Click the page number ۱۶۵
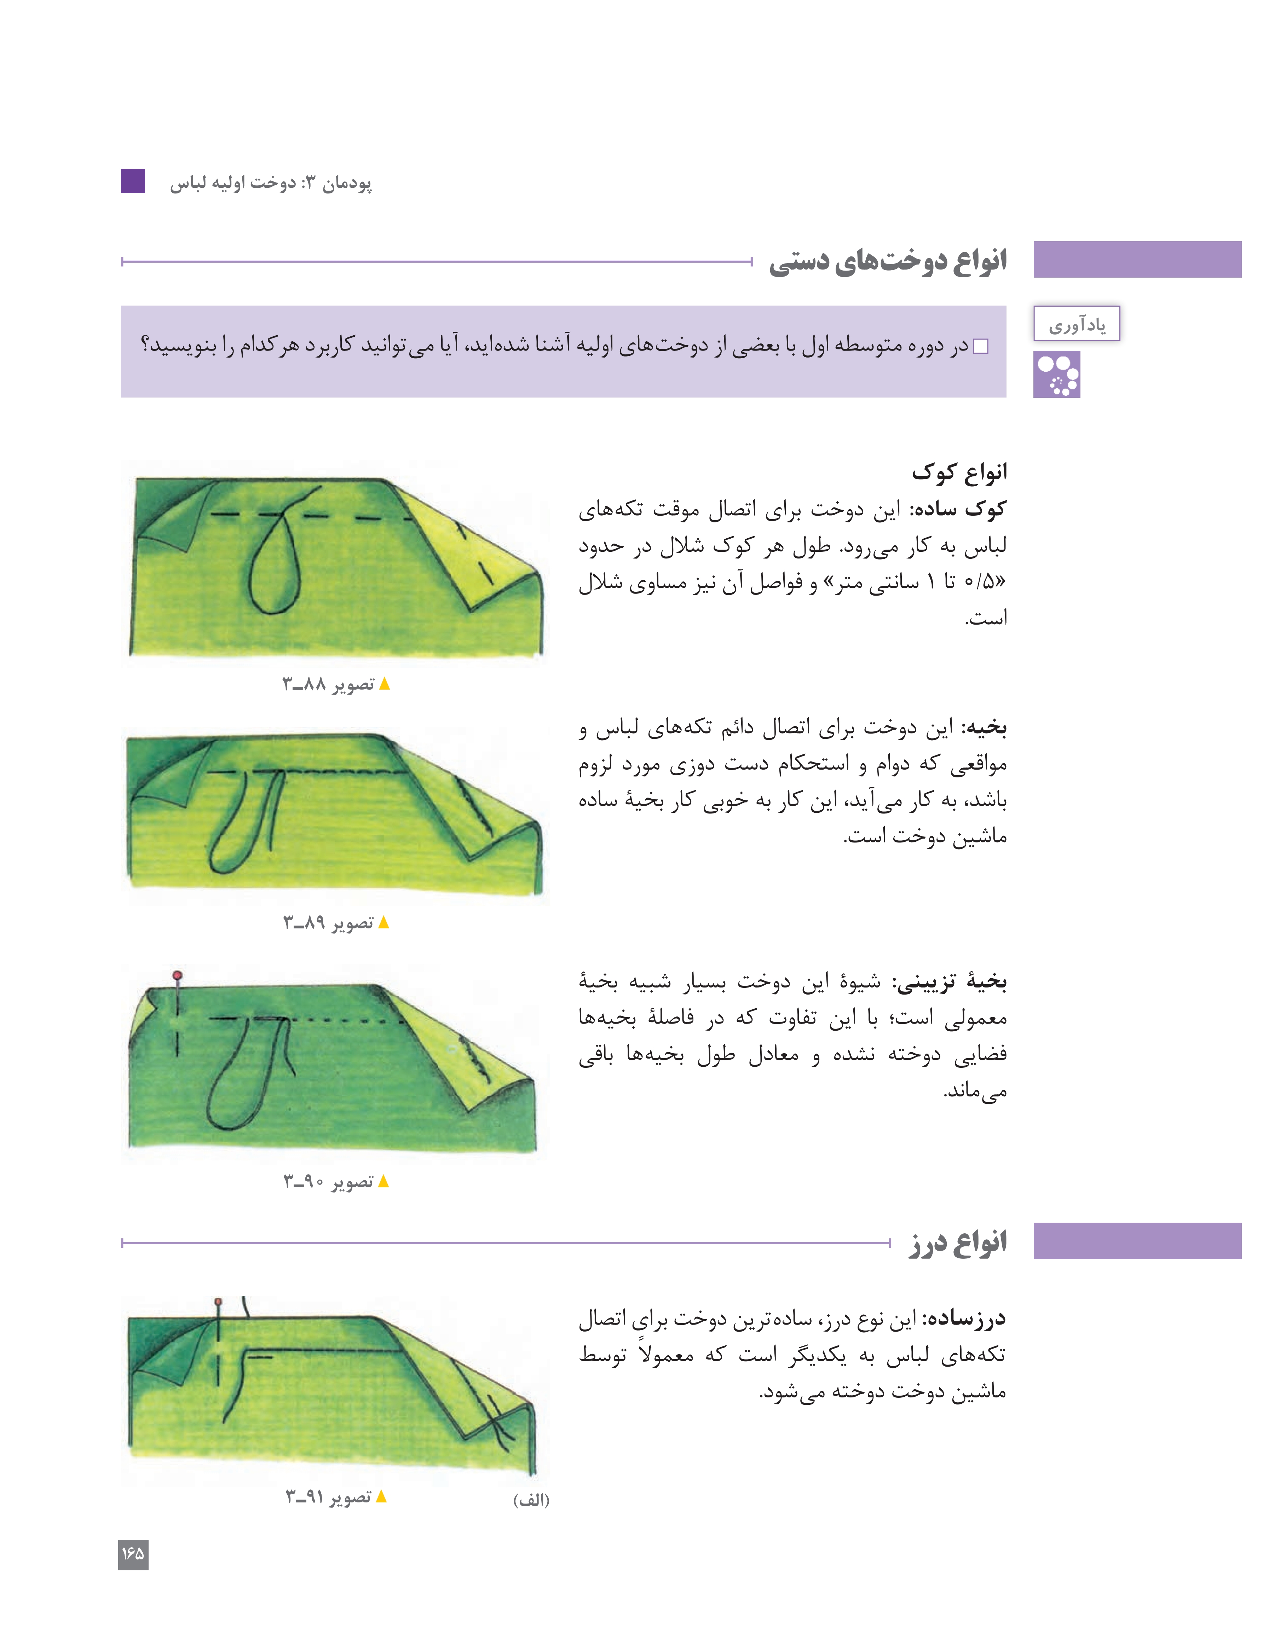pyautogui.click(x=133, y=1554)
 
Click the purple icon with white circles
pyautogui.click(x=1056, y=375)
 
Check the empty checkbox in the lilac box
pyautogui.click(x=981, y=346)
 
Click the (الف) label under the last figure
pyautogui.click(x=531, y=1500)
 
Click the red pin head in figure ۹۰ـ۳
pyautogui.click(x=177, y=975)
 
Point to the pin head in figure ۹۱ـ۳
pyautogui.click(x=218, y=1302)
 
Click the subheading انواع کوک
pyautogui.click(x=959, y=472)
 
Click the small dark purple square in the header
pyautogui.click(x=133, y=181)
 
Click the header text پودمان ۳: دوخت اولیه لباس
pyautogui.click(x=271, y=182)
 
